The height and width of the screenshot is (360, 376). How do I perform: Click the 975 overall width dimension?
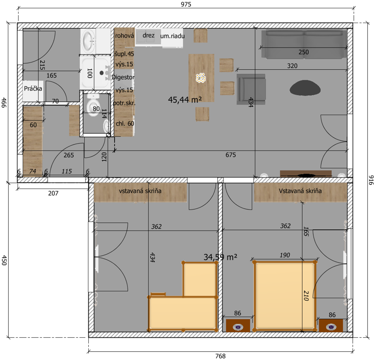[x=186, y=4]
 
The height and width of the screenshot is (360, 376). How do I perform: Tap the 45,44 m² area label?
[x=185, y=99]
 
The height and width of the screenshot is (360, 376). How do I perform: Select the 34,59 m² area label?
[x=220, y=257]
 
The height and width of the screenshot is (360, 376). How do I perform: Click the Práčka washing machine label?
[x=33, y=88]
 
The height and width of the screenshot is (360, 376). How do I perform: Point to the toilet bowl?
[x=93, y=105]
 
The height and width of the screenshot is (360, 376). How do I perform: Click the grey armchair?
[x=251, y=89]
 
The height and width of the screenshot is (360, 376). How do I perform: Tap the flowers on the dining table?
[x=201, y=78]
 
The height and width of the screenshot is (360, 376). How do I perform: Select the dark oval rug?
[x=305, y=88]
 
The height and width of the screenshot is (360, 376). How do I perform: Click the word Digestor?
[x=123, y=77]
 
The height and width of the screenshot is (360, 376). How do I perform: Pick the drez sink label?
[x=148, y=35]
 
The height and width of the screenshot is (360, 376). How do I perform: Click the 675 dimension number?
[x=230, y=155]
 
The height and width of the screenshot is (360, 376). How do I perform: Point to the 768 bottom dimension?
[x=220, y=356]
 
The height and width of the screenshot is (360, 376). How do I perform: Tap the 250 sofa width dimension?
[x=303, y=52]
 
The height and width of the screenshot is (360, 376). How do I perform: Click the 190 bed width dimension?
[x=284, y=255]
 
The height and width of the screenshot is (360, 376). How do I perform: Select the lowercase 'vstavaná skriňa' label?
[x=140, y=191]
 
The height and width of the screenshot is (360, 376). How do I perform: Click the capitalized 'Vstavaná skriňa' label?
[x=300, y=191]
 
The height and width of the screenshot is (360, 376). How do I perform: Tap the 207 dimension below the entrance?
[x=53, y=193]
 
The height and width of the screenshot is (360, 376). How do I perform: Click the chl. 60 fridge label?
[x=125, y=123]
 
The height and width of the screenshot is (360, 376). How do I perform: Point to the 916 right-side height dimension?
[x=371, y=180]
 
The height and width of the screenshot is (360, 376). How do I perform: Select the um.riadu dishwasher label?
[x=173, y=36]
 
